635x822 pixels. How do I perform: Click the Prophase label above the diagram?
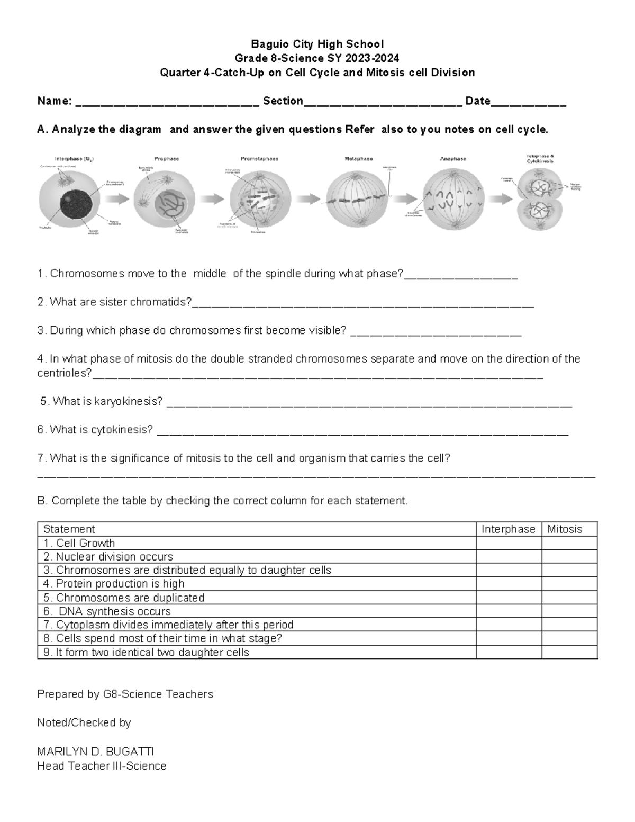click(x=166, y=158)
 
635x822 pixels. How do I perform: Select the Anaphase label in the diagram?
click(x=453, y=158)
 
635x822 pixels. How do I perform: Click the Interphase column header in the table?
click(x=508, y=529)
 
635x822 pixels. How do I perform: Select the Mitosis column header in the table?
click(x=565, y=529)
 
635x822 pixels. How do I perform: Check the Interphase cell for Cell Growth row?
click(x=508, y=543)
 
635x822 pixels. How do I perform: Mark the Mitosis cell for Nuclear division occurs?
click(x=569, y=557)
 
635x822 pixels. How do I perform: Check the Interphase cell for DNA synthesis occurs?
click(x=508, y=611)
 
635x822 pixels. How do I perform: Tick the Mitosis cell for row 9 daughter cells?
click(x=569, y=652)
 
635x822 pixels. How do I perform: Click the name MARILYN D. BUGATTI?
click(x=95, y=752)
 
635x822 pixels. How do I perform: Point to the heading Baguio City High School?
click(x=317, y=44)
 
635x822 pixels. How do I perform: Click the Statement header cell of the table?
click(x=69, y=529)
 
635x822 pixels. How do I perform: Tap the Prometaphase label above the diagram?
click(x=259, y=158)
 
